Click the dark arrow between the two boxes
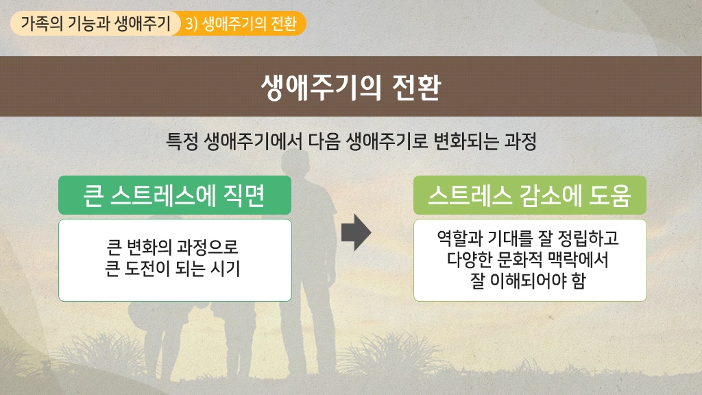coord(356,232)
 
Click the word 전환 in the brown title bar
coord(416,87)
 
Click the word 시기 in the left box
coord(227,269)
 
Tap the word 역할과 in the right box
coord(459,238)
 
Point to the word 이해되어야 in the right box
coord(528,280)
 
